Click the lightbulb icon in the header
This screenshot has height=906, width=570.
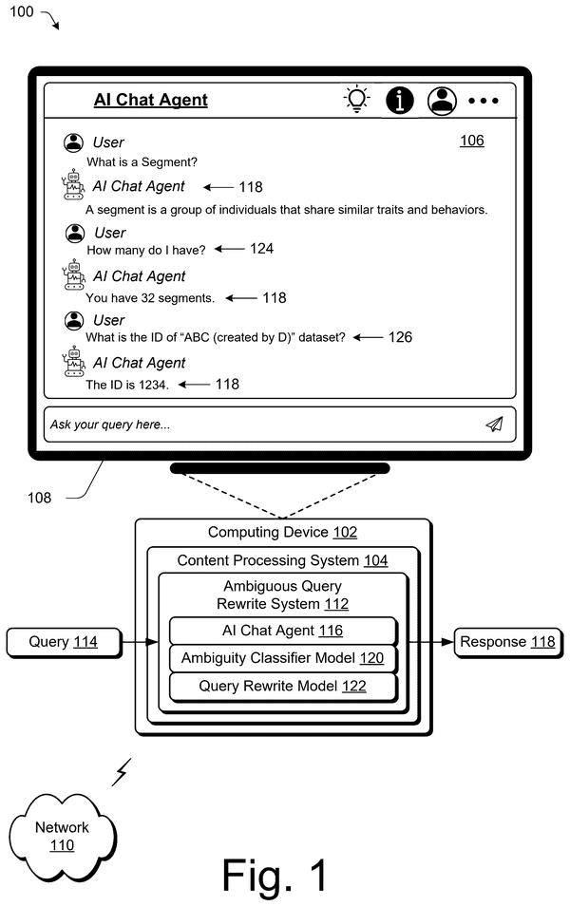pyautogui.click(x=356, y=99)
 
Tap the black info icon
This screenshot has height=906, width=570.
pyautogui.click(x=399, y=100)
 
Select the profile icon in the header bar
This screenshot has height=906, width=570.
pyautogui.click(x=443, y=100)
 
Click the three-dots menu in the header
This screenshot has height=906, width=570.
pyautogui.click(x=484, y=101)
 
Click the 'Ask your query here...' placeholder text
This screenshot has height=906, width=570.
pyautogui.click(x=110, y=425)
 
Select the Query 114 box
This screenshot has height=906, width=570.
pyautogui.click(x=65, y=643)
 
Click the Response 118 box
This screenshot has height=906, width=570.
pyautogui.click(x=508, y=643)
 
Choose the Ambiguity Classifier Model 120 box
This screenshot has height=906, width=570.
pyautogui.click(x=283, y=658)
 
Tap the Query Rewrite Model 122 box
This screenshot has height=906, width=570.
pyautogui.click(x=283, y=687)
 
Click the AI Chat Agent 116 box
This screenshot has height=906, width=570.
pyautogui.click(x=283, y=631)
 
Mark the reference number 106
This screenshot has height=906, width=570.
pyautogui.click(x=472, y=141)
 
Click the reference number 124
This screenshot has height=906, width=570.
pyautogui.click(x=261, y=249)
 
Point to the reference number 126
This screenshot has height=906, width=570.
pyautogui.click(x=400, y=337)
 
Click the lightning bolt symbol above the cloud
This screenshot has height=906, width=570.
pyautogui.click(x=122, y=772)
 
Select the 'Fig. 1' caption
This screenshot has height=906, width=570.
pyautogui.click(x=275, y=875)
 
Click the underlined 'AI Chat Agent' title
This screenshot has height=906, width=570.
pyautogui.click(x=150, y=100)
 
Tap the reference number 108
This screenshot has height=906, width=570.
pyautogui.click(x=39, y=498)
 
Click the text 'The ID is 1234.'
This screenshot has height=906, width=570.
pyautogui.click(x=127, y=385)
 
